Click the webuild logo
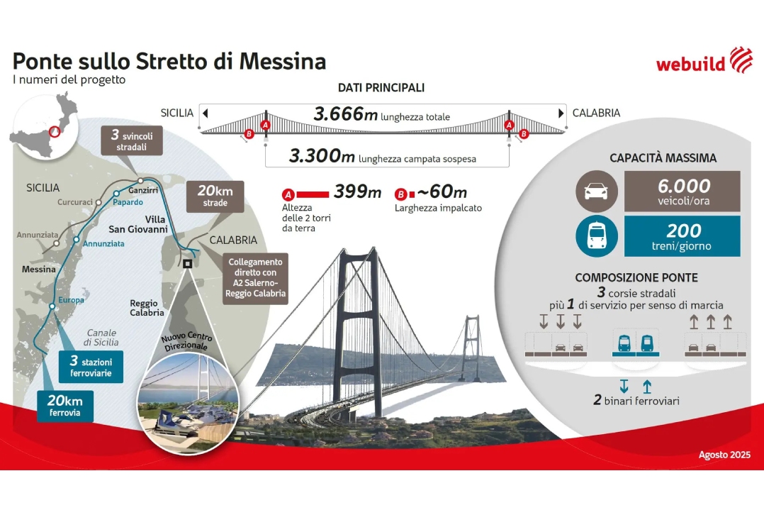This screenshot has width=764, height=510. click(x=704, y=60)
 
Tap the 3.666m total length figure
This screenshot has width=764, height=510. click(x=345, y=114)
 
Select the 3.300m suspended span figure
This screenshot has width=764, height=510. click(x=322, y=156)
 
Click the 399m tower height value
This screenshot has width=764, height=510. click(x=358, y=192)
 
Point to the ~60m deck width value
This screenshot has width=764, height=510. click(x=442, y=192)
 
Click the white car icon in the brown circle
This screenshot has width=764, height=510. click(x=597, y=191)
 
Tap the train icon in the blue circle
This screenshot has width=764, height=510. click(x=597, y=236)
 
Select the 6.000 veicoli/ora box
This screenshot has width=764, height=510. click(x=682, y=191)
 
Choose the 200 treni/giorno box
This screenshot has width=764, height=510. click(x=682, y=236)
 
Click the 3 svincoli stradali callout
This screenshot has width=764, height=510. click(x=132, y=140)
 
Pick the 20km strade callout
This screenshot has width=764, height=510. click(x=215, y=196)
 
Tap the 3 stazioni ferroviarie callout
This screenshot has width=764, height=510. click(x=91, y=367)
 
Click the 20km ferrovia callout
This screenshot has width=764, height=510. click(x=64, y=406)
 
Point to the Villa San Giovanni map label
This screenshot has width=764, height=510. click(x=138, y=224)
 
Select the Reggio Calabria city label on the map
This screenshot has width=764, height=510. click(x=147, y=308)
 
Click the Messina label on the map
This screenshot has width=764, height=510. click(x=39, y=269)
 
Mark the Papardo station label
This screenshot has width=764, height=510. click(x=128, y=202)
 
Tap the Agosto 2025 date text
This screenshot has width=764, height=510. click(x=724, y=455)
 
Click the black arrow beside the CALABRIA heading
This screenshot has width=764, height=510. click(x=561, y=113)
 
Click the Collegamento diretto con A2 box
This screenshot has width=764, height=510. click(x=255, y=278)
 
